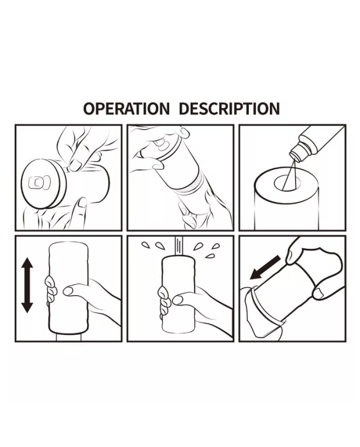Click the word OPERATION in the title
127,109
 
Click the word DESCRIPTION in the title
229,109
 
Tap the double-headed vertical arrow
27,285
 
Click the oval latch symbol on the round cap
40,182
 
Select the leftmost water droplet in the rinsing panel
145,245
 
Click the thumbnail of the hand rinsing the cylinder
177,300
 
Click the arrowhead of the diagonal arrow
256,274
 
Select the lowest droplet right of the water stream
210,256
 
